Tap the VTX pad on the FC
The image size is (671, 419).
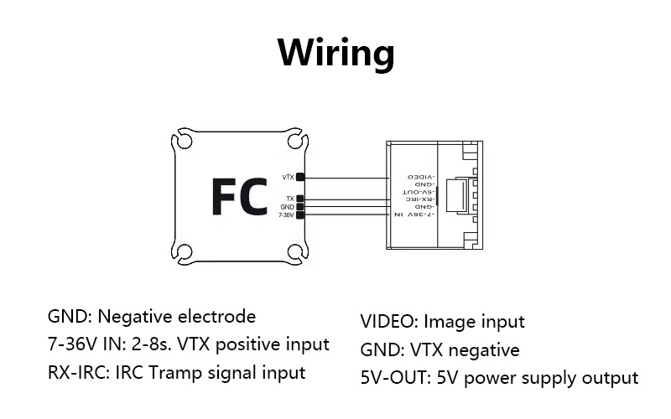click(x=300, y=178)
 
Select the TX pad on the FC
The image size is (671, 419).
click(x=300, y=199)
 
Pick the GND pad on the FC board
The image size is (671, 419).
click(x=300, y=206)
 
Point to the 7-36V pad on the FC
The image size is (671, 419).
click(x=300, y=215)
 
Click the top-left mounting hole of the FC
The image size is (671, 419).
click(x=184, y=139)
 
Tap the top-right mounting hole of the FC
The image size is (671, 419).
click(x=294, y=139)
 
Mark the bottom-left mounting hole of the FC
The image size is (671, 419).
click(x=184, y=251)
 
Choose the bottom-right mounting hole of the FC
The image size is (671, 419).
click(x=294, y=251)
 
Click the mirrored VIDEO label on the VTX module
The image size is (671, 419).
click(x=422, y=178)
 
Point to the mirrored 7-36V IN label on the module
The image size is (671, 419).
click(x=411, y=215)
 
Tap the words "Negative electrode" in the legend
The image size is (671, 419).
click(x=177, y=317)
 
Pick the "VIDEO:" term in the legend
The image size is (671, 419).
click(x=389, y=322)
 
